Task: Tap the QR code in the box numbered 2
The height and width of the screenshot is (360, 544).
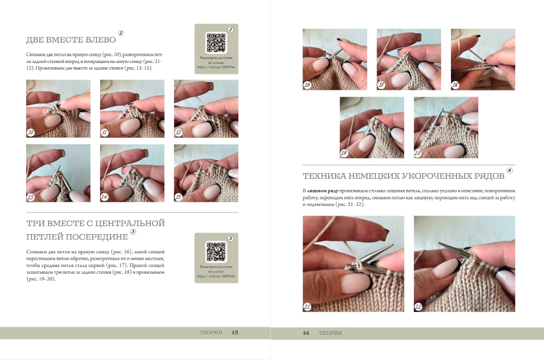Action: (x=216, y=43)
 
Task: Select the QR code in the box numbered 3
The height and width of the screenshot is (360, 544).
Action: (x=216, y=252)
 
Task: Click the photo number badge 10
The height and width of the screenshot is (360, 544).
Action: (x=31, y=132)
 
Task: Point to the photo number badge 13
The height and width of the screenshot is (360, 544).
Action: (x=31, y=197)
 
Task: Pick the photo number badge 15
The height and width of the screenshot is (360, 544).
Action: (x=179, y=197)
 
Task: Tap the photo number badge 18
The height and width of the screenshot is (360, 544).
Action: (x=455, y=85)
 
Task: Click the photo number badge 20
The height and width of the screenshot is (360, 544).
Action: (x=418, y=153)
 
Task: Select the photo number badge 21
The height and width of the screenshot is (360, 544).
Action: (x=307, y=306)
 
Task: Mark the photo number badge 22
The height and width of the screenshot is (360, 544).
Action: (x=418, y=306)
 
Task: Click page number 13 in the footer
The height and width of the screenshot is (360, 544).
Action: (x=235, y=333)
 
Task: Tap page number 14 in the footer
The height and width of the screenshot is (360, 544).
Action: (x=306, y=333)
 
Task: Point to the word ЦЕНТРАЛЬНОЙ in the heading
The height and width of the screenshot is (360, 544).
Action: (x=130, y=223)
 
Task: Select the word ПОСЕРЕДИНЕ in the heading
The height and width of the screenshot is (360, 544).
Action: (x=97, y=237)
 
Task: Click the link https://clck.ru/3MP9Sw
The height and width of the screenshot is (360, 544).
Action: (x=216, y=67)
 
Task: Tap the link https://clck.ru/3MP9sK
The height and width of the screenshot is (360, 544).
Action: (x=216, y=276)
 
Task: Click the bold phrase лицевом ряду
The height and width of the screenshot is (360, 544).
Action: (x=323, y=191)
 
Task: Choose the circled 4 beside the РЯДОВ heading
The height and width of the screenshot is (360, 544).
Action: (x=509, y=170)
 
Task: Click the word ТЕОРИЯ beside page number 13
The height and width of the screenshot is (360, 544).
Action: (x=211, y=333)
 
